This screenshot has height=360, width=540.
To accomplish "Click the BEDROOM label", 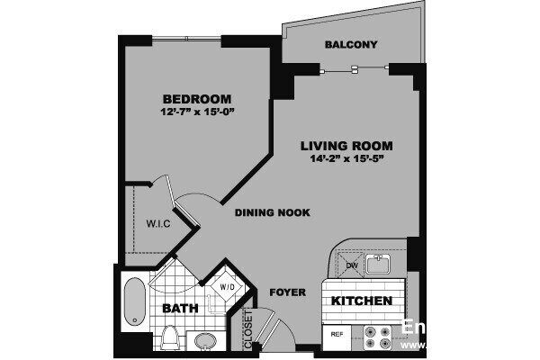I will pyautogui.click(x=197, y=98).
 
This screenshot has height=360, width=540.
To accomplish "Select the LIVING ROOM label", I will pyautogui.click(x=346, y=146).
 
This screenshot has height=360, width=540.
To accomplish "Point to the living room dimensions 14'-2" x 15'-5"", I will pyautogui.click(x=346, y=159).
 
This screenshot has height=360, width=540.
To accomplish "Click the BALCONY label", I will pyautogui.click(x=350, y=45).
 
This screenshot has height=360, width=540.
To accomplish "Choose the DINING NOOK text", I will pyautogui.click(x=273, y=213).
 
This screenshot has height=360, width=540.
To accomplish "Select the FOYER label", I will pyautogui.click(x=287, y=292).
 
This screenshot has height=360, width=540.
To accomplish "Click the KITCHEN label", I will pyautogui.click(x=362, y=301).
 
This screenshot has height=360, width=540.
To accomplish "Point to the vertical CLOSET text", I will pyautogui.click(x=249, y=328).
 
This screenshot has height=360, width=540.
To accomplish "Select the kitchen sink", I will pyautogui.click(x=380, y=264).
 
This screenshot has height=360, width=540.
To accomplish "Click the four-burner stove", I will pyautogui.click(x=378, y=337).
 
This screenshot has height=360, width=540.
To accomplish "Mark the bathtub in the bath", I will pyautogui.click(x=134, y=305).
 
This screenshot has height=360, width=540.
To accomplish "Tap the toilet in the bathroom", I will pyautogui.click(x=170, y=337).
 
